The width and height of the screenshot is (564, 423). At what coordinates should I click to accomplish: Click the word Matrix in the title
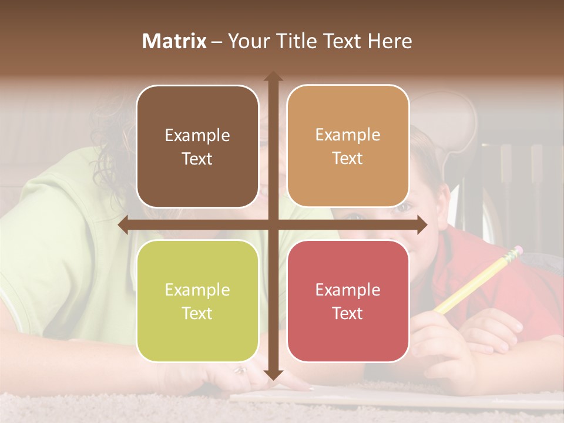[x=174, y=41]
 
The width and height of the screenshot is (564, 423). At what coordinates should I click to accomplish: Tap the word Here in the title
[x=390, y=41]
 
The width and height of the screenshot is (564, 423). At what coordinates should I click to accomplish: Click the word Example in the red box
[x=348, y=290]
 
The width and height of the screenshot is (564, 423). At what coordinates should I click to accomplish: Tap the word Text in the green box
[x=197, y=313]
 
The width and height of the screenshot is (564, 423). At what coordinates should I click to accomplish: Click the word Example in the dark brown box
[x=197, y=135]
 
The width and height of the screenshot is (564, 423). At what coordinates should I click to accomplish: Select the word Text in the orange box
[x=348, y=159]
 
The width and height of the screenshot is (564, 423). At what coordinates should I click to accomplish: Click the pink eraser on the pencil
[x=515, y=251]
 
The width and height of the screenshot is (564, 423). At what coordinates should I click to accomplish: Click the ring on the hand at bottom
[x=240, y=370]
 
